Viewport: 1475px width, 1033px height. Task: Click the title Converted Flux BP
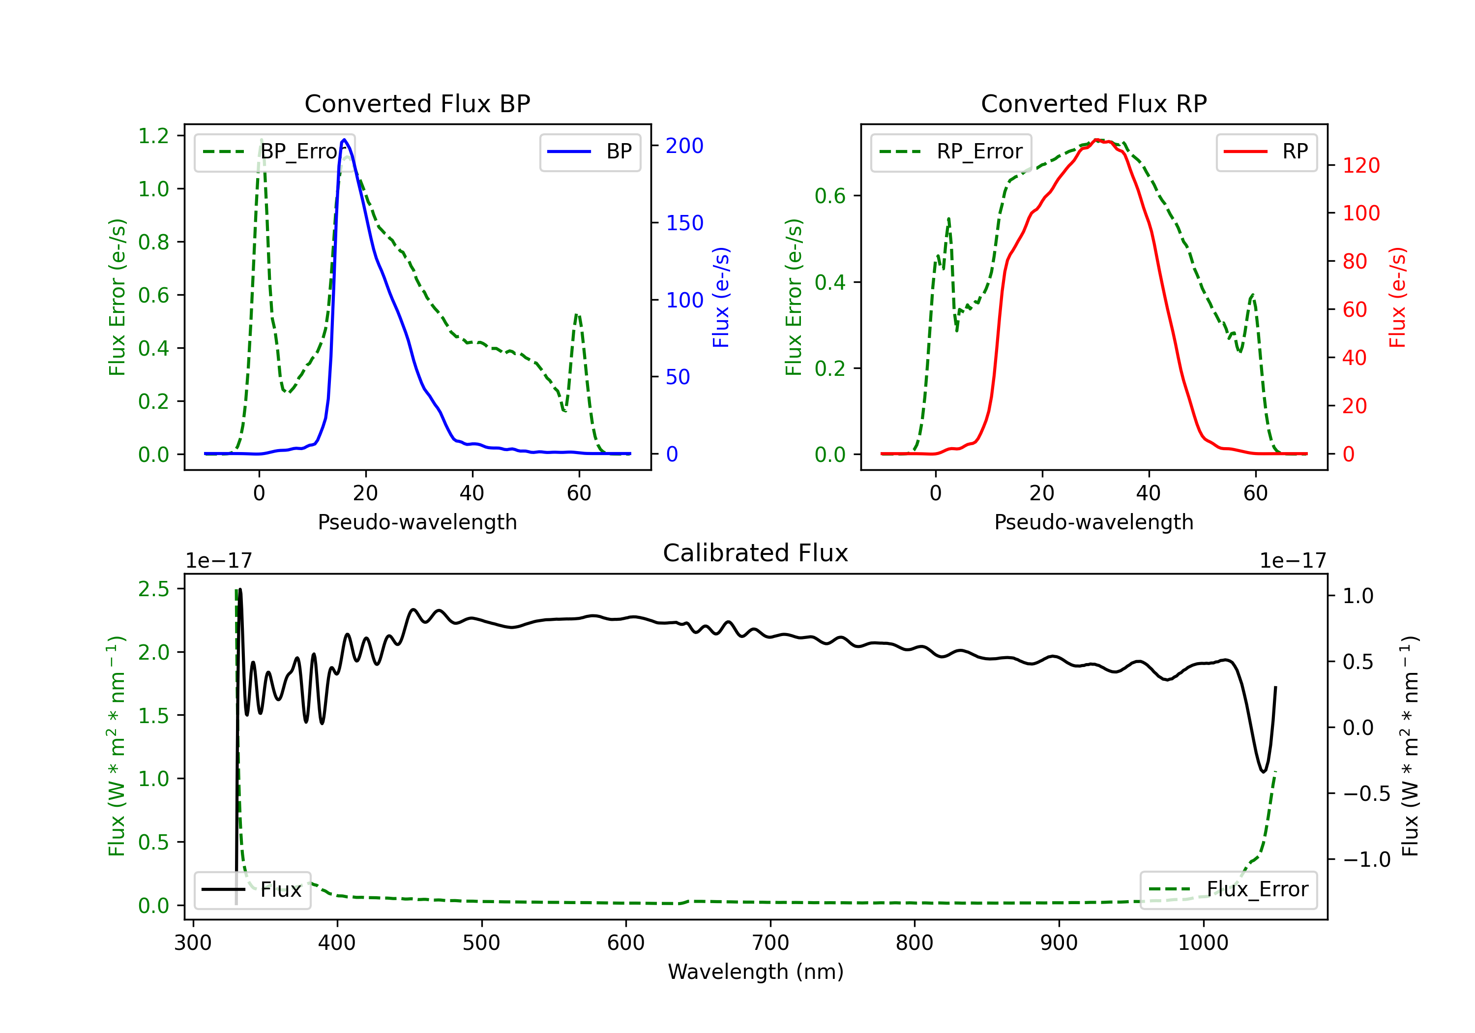(x=417, y=103)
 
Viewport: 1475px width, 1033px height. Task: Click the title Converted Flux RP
(x=1093, y=103)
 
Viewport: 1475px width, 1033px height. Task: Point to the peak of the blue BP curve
(x=344, y=140)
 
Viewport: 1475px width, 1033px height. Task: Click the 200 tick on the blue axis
(x=684, y=146)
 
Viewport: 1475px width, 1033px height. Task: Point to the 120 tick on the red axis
(x=1360, y=166)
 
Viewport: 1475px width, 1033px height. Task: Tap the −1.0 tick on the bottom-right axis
(x=1366, y=859)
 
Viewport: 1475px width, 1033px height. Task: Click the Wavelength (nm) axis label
(x=756, y=972)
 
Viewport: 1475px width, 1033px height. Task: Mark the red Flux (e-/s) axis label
(x=1397, y=298)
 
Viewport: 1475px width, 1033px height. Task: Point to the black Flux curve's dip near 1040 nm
(x=1263, y=771)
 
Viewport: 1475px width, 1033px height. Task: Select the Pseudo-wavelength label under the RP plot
(x=1093, y=522)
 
